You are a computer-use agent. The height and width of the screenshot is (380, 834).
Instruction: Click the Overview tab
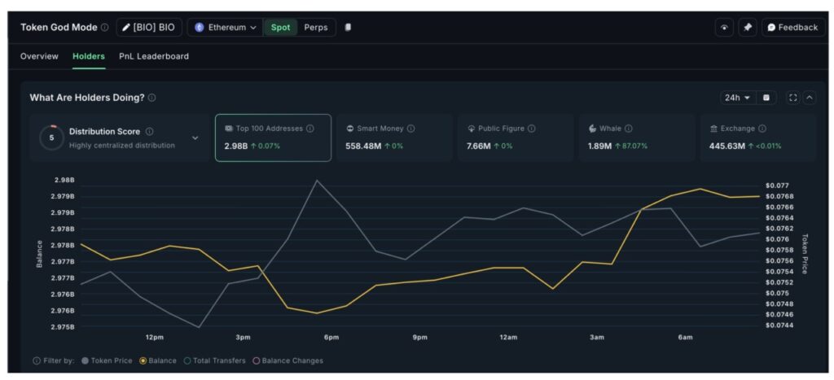coord(39,56)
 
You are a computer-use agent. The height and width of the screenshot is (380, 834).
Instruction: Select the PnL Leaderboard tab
coord(153,56)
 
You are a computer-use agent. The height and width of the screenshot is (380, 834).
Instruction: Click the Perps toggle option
coord(316,27)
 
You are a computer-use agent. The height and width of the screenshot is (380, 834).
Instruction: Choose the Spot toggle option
coord(280,27)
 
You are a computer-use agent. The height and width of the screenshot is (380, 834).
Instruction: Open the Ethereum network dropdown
coord(225,27)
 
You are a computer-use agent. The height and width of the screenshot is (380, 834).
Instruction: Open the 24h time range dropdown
coord(736,98)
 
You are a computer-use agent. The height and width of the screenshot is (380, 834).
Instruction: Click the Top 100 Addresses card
coord(273,138)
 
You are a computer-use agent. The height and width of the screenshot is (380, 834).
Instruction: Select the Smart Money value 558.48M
coord(364,146)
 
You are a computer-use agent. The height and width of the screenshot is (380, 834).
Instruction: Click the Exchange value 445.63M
coord(721,146)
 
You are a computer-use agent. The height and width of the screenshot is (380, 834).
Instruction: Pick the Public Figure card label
coord(500,129)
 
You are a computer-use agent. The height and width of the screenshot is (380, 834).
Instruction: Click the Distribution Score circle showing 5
coord(51,138)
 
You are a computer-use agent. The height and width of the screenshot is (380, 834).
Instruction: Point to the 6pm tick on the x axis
coord(331,337)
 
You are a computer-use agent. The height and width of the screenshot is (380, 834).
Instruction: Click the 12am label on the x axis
coord(508,337)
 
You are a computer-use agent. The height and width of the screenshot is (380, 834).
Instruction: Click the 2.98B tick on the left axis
coord(64,180)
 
